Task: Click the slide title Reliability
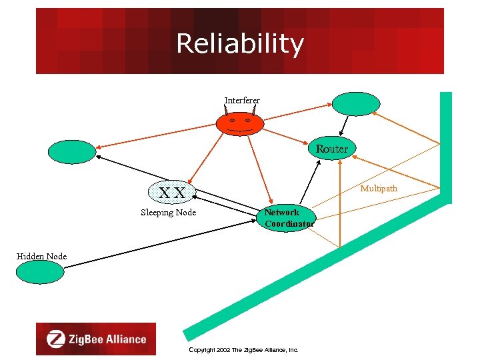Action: [x=240, y=44]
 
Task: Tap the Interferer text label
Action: [x=242, y=101]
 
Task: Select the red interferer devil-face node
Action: [x=239, y=123]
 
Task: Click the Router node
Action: [x=332, y=149]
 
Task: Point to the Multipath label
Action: [x=379, y=189]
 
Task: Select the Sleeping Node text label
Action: [x=168, y=213]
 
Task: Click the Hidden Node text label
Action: [x=41, y=257]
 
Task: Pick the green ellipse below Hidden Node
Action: [x=41, y=272]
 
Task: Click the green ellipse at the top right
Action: [x=356, y=104]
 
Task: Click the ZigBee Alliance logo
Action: [x=96, y=339]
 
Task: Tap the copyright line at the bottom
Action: [x=243, y=349]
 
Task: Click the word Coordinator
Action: [x=289, y=224]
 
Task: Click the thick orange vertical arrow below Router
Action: [x=340, y=207]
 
